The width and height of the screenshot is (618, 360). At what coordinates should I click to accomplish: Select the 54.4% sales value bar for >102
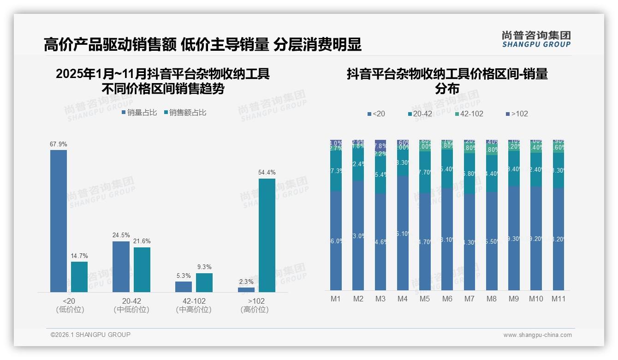pos(267,235)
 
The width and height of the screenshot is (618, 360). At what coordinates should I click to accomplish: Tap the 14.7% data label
pos(79,256)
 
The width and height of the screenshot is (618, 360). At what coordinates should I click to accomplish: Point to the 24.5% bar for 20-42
pos(121,266)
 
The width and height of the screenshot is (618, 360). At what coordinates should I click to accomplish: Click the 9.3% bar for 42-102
pos(204,282)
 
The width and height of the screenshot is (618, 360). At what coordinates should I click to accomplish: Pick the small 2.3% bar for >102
pos(246,289)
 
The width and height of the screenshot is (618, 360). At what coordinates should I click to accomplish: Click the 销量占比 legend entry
pos(139,113)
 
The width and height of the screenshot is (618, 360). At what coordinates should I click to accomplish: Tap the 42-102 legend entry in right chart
pos(469,114)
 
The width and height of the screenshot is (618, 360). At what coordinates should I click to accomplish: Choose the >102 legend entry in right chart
pos(517,114)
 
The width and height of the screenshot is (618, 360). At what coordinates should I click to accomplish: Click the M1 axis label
pos(336,299)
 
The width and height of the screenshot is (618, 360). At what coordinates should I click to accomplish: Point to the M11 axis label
pos(559,299)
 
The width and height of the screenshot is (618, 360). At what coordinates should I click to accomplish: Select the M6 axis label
pos(447,299)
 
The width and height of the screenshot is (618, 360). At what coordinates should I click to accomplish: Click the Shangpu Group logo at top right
pos(536,39)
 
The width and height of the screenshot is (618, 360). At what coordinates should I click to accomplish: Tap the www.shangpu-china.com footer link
pos(537,335)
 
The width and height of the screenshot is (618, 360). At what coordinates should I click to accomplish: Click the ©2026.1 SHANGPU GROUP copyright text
pos(90,335)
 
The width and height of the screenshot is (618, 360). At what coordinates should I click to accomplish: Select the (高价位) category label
pos(255,310)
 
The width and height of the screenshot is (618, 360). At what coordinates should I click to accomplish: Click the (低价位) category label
pos(70,310)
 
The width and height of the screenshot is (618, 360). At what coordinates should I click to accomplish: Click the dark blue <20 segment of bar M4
pos(403,233)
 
